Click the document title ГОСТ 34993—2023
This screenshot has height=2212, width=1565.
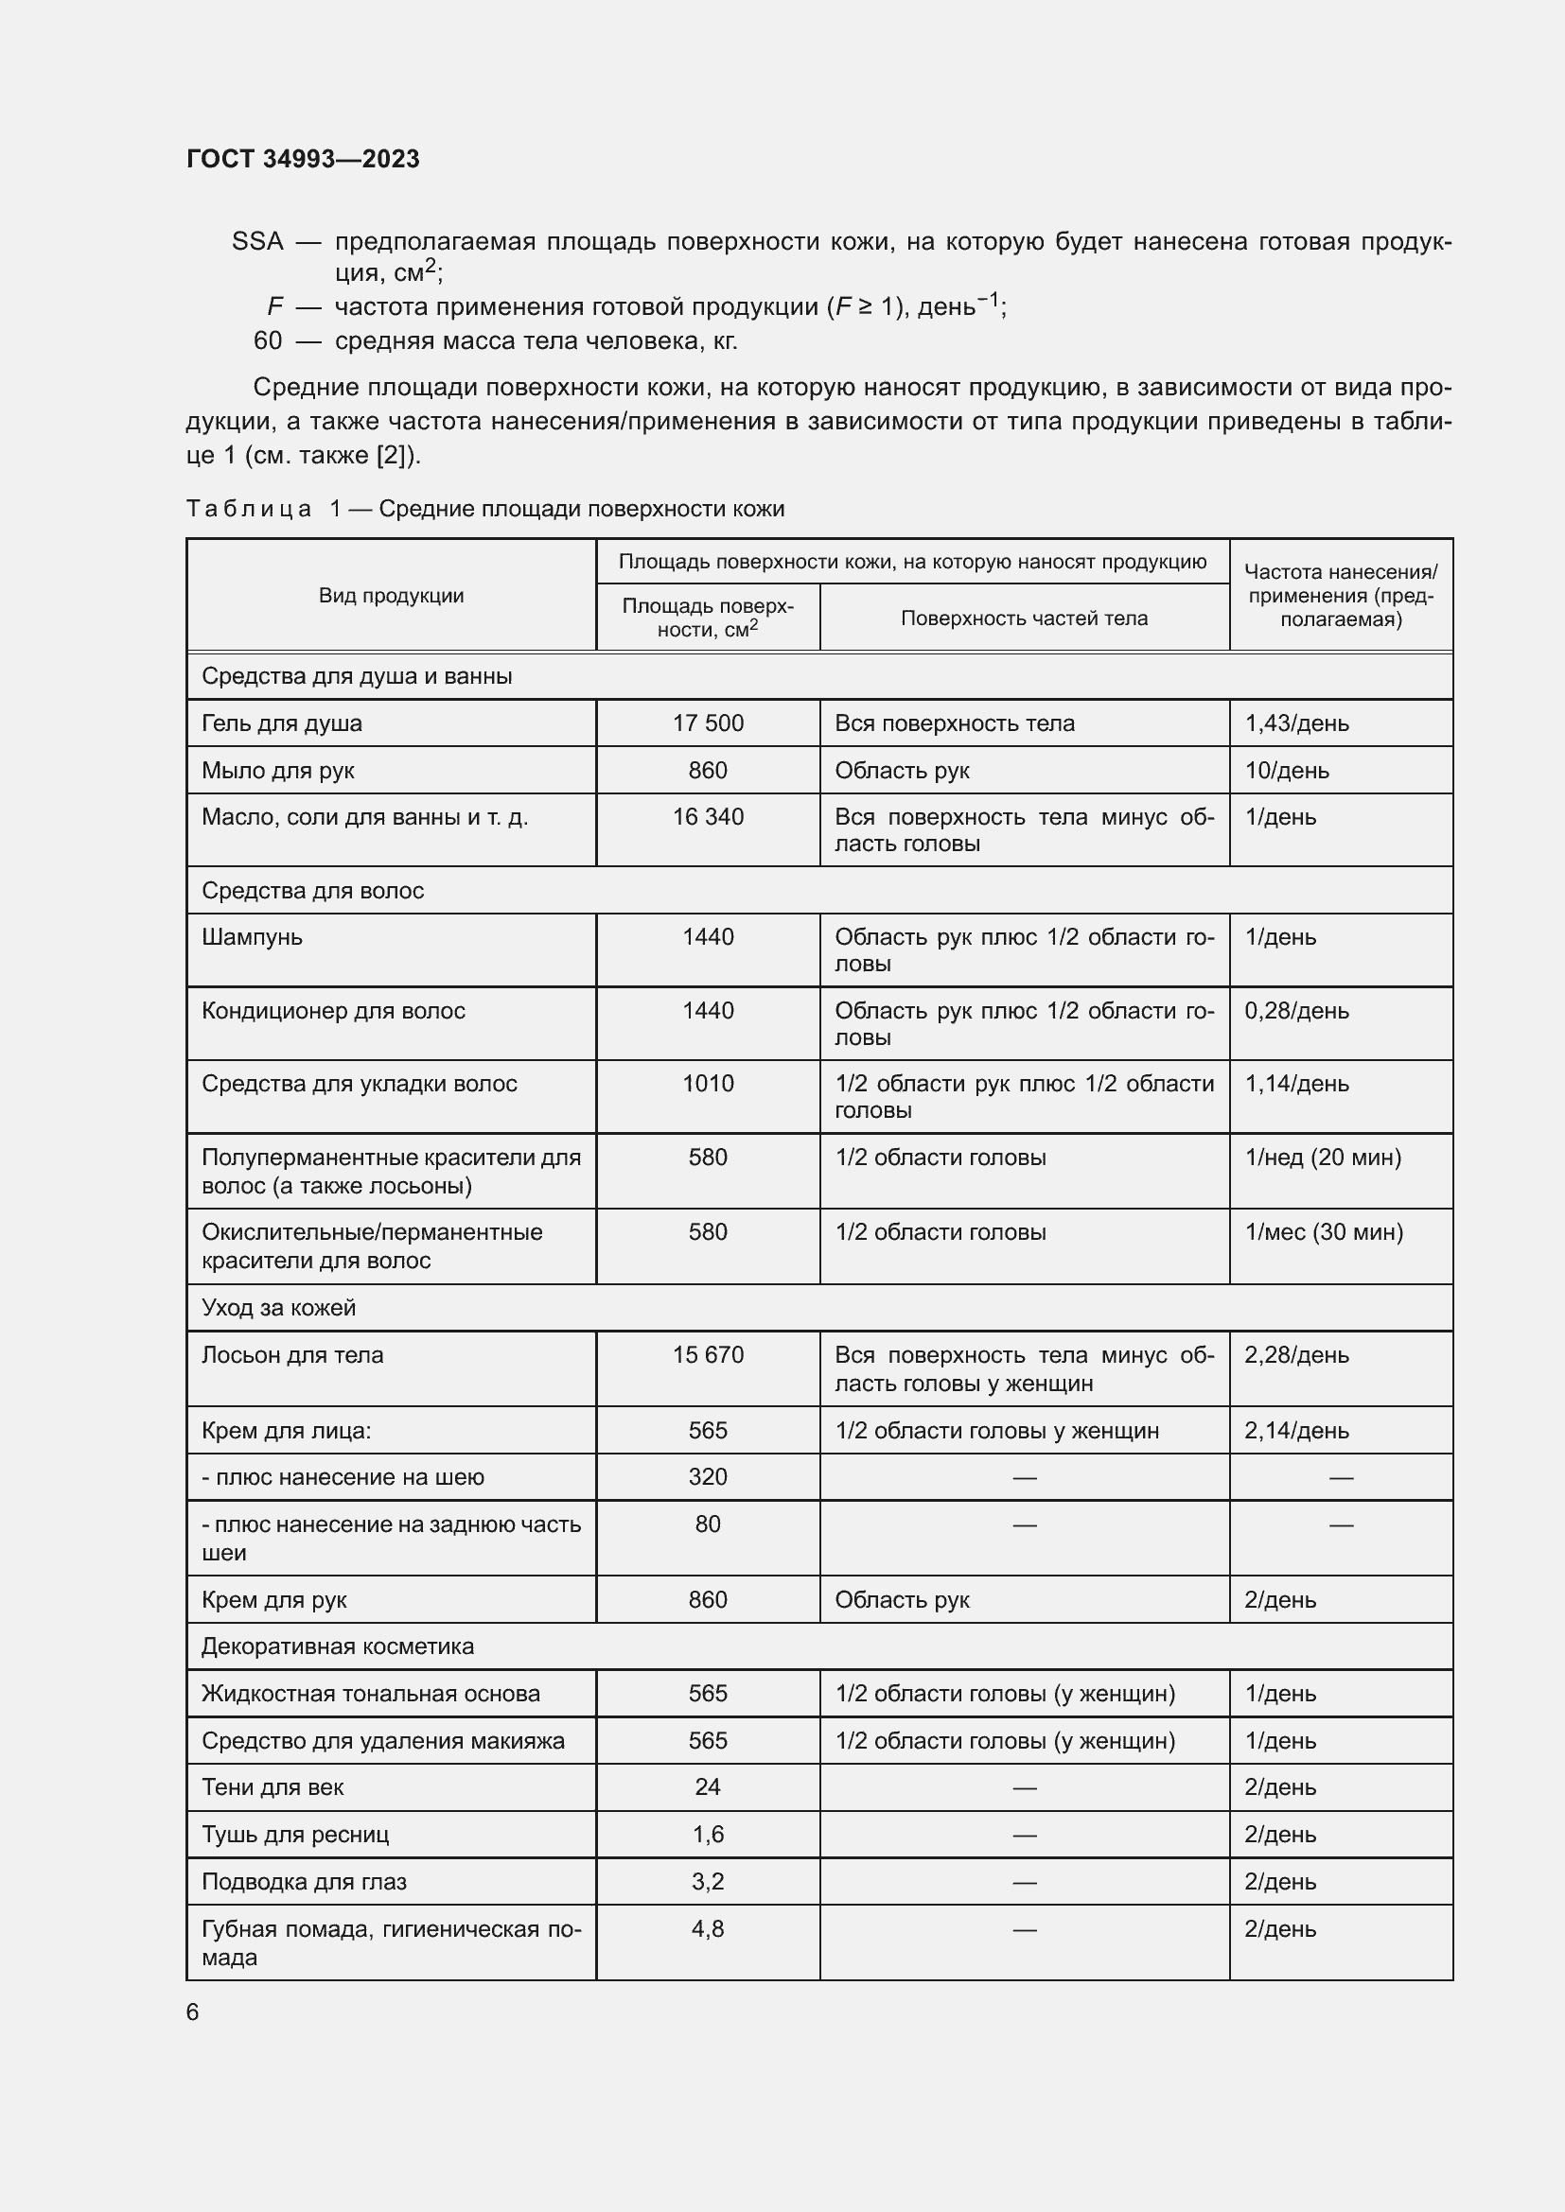pos(303,159)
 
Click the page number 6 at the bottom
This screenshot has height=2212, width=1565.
pos(193,2012)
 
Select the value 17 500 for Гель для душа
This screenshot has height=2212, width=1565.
pos(708,723)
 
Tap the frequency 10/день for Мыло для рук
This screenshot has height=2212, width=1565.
pos(1287,771)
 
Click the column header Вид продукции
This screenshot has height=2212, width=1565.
pos(392,596)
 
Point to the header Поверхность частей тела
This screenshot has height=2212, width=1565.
pos(1024,618)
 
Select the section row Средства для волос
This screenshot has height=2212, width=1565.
pos(313,890)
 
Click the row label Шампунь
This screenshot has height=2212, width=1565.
pos(252,937)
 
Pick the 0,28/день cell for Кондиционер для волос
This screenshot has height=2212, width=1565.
pos(1296,1011)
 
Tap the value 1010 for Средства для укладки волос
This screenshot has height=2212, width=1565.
pos(708,1084)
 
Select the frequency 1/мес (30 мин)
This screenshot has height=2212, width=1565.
pos(1323,1232)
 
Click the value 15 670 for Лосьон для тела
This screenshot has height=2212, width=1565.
pos(708,1355)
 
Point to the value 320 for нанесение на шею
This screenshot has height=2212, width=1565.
pos(708,1477)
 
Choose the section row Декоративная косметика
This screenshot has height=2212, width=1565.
pos(337,1646)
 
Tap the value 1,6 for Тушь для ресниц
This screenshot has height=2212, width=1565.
pos(708,1835)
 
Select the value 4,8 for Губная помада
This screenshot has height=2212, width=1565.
pos(708,1928)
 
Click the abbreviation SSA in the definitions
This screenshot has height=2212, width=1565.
pos(257,242)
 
